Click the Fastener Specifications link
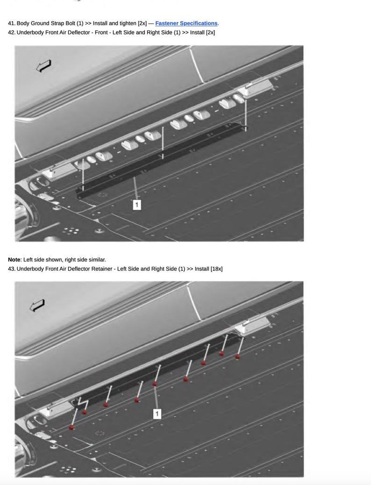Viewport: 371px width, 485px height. pos(186,23)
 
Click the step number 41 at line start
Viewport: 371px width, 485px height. pos(12,23)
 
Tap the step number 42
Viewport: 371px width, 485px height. pos(12,33)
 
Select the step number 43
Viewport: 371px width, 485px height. pos(12,269)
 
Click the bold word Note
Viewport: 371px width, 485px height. pos(14,259)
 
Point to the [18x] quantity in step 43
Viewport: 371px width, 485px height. pos(216,269)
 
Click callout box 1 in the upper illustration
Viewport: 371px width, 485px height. pos(137,205)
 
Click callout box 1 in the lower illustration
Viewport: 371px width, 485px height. pos(157,414)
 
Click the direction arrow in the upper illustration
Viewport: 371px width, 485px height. pos(43,66)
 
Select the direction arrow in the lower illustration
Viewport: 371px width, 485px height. pos(37,305)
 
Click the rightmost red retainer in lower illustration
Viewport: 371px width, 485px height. pos(237,357)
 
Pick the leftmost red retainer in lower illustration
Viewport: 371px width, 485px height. pos(71,428)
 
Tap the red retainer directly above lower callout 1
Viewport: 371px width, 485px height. pos(155,384)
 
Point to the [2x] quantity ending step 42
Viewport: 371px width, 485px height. pos(210,33)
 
